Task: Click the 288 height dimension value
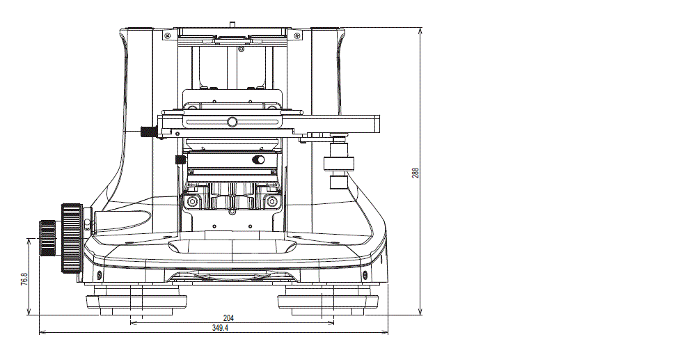(x=415, y=173)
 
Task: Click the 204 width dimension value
(x=229, y=318)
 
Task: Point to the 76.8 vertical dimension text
(x=24, y=279)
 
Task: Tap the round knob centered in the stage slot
(x=232, y=122)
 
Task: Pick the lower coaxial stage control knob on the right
(x=339, y=182)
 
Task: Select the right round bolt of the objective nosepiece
(x=270, y=202)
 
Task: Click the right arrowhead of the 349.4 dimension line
(x=385, y=332)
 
